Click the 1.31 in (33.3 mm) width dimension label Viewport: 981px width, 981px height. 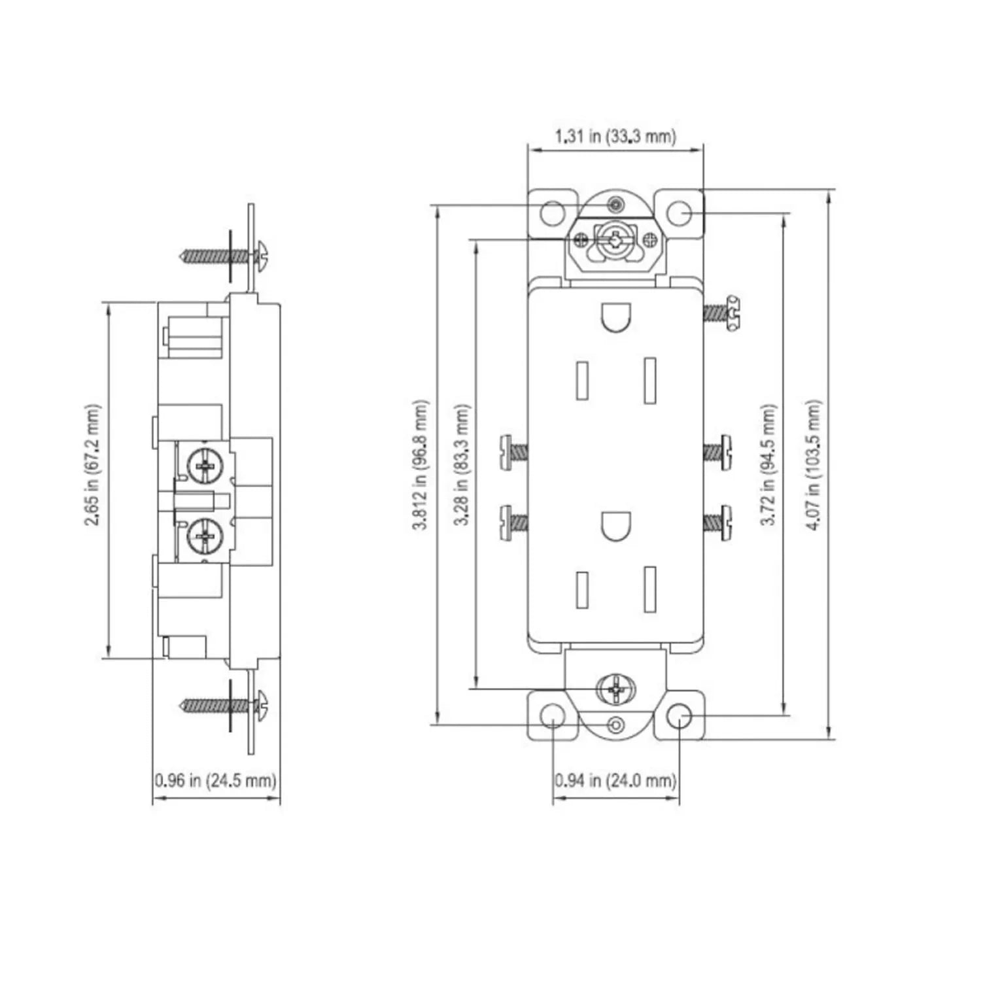(x=615, y=136)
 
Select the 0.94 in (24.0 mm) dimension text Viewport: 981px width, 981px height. (x=615, y=780)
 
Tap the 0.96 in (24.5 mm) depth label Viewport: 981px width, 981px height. (x=216, y=780)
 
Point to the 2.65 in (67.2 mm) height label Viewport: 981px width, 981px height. (x=94, y=465)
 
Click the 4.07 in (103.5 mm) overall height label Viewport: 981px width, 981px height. (x=813, y=465)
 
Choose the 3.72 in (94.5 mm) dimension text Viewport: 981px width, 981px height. (x=768, y=465)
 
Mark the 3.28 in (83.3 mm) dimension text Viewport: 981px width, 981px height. (x=462, y=465)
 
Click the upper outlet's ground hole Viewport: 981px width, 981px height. (x=615, y=317)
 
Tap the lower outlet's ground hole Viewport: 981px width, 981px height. (x=615, y=525)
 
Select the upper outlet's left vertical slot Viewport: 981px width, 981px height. (x=581, y=379)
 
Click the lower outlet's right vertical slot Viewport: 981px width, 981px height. (x=649, y=589)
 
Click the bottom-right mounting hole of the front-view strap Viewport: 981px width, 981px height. (x=679, y=717)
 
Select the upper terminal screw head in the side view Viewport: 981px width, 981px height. (x=205, y=466)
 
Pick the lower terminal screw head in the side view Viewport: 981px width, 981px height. (x=205, y=537)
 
